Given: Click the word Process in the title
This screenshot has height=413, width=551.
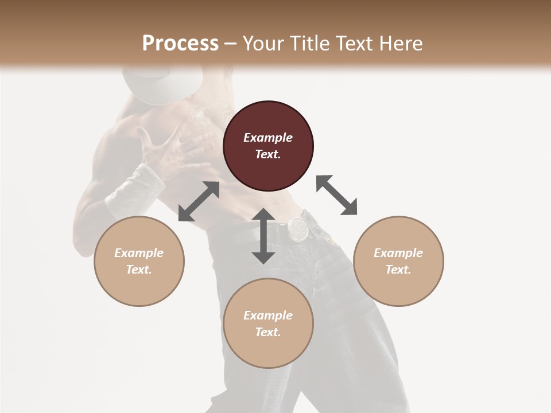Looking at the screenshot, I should point(180,44).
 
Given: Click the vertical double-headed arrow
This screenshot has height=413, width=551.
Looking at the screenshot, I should point(263,236).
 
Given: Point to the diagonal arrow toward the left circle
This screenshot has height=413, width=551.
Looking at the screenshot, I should point(199,201).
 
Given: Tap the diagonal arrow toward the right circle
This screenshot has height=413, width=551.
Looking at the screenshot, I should point(336,195).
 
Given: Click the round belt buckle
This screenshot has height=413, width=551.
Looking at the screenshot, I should point(298,228).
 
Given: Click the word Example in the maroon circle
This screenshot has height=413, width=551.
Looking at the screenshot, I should point(268,138).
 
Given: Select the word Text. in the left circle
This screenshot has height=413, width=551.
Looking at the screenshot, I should point(139,270).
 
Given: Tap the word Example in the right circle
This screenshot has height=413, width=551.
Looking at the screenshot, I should point(398,253).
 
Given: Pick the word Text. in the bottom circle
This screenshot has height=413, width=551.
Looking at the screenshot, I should point(268,332).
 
